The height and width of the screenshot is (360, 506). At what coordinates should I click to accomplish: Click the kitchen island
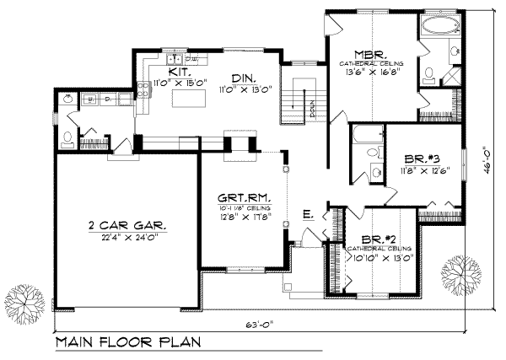[x=190, y=99]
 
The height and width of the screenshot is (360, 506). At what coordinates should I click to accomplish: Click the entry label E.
[x=308, y=216]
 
